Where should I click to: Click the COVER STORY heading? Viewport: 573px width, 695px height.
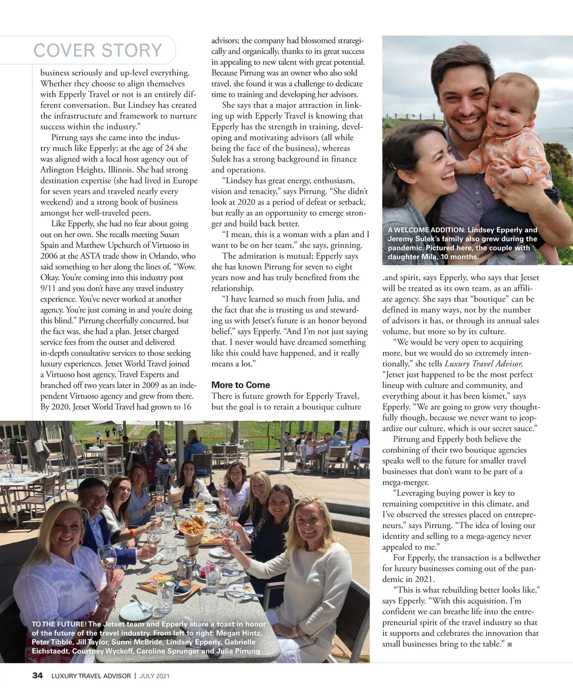coord(98,50)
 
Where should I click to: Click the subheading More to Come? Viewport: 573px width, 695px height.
coord(240,385)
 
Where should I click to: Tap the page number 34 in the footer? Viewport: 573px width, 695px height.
coord(37,675)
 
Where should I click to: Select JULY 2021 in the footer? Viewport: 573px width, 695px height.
coord(155,676)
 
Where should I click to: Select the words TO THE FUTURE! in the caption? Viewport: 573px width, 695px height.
coord(59,624)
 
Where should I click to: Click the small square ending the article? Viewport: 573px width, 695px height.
coord(510,645)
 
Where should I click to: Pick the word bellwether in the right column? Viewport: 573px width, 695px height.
coord(520,558)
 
